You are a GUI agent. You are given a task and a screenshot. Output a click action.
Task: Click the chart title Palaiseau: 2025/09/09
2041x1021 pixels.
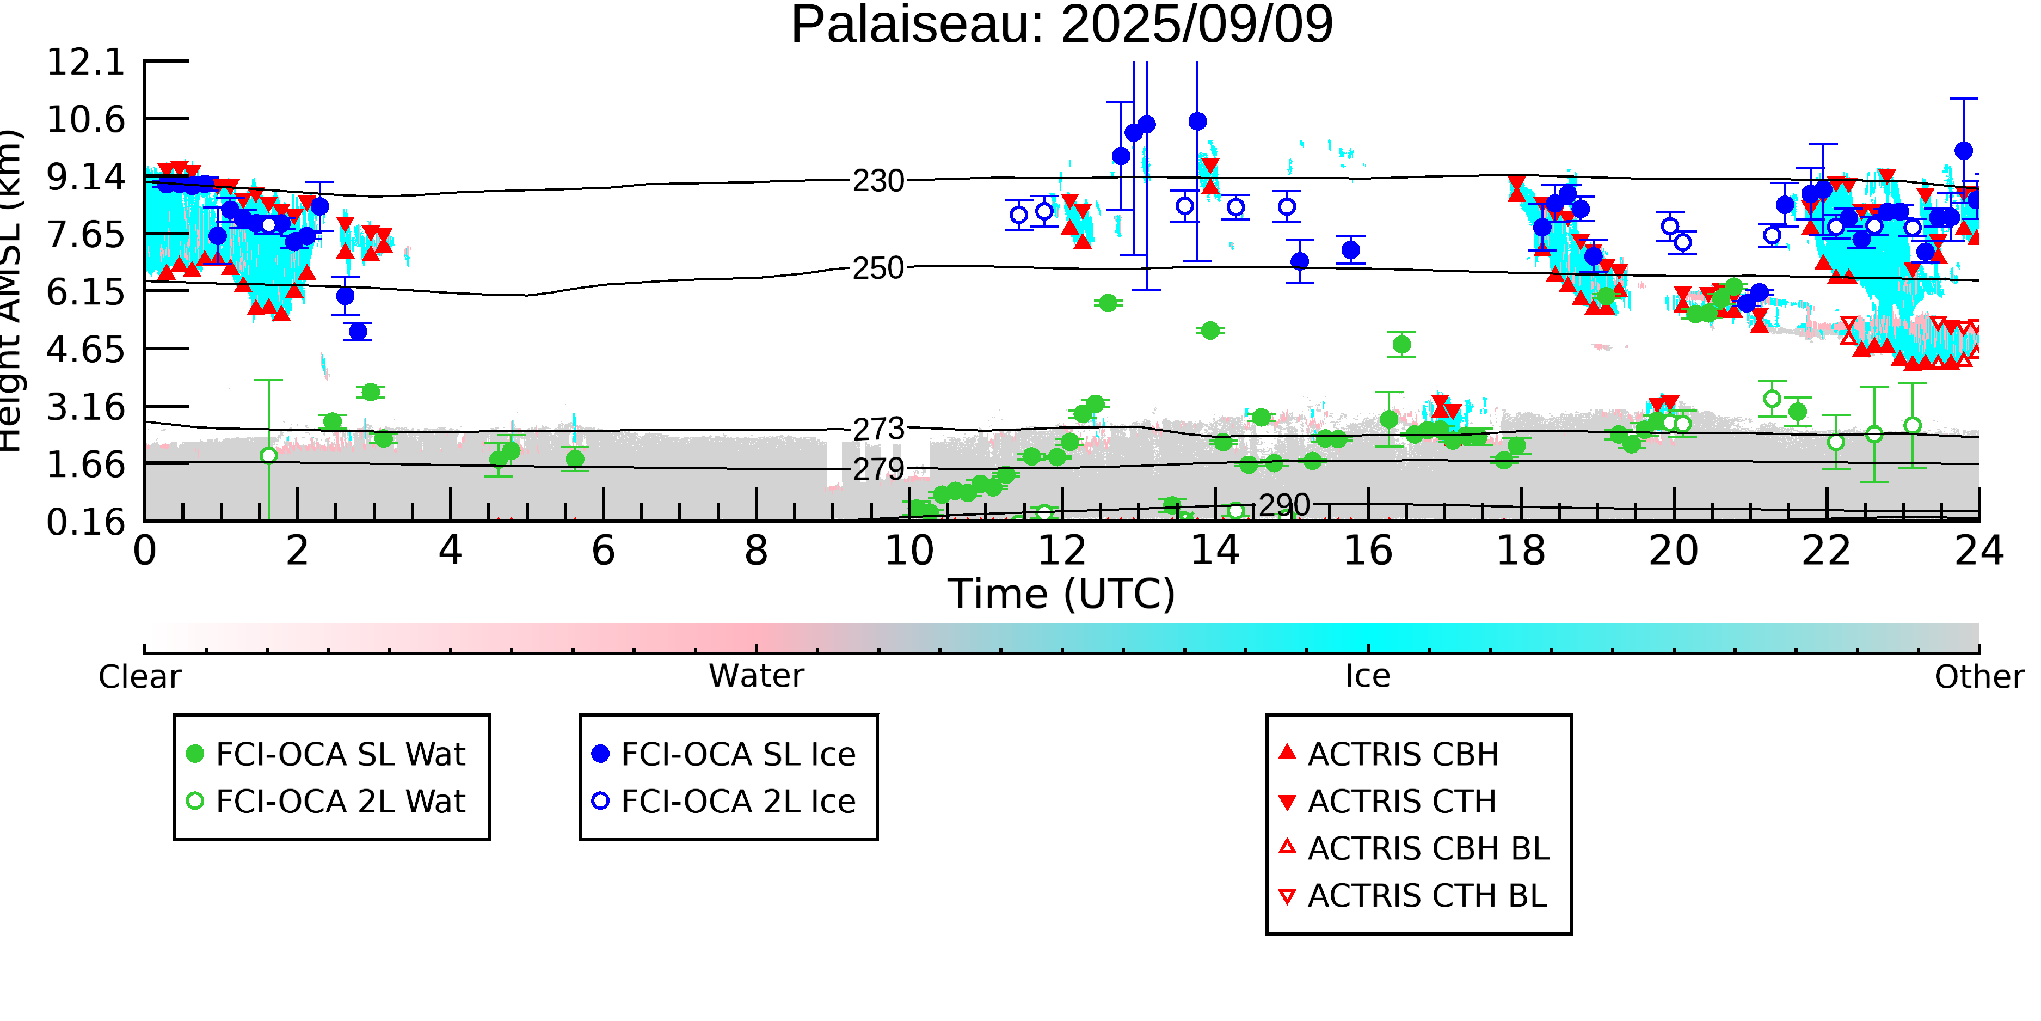pos(1062,26)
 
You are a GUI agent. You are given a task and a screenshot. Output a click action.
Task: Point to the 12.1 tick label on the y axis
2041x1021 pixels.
pos(87,62)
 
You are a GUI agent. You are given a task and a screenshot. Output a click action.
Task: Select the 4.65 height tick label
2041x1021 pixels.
pos(87,350)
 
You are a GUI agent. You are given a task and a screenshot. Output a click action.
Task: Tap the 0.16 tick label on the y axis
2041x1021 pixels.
pos(87,522)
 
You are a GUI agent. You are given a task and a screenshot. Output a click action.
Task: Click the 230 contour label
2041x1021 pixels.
pos(878,181)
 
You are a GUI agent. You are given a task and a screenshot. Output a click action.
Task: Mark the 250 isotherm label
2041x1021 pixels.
pos(878,268)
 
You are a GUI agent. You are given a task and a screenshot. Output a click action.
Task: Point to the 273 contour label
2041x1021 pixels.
pos(878,430)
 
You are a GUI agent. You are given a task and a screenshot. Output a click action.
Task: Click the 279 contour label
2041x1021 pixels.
pos(878,469)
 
